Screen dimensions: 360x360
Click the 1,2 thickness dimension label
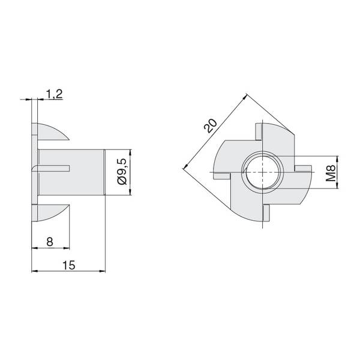(x=55, y=94)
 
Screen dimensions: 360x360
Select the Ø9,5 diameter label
(x=122, y=171)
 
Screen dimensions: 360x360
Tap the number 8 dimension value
(x=50, y=242)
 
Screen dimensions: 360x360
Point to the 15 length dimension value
(x=69, y=265)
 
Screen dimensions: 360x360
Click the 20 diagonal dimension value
(x=211, y=126)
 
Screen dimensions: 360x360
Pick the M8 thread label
(x=331, y=173)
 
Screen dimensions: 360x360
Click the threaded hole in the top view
(x=262, y=172)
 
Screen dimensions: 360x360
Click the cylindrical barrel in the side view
(x=71, y=172)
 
